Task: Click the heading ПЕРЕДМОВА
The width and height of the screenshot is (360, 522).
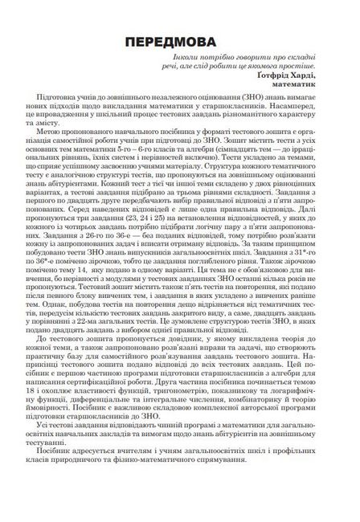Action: pos(179,41)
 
